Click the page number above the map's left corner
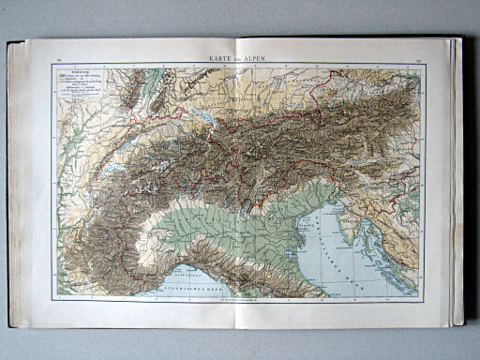point(58,60)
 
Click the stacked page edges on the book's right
point(456,178)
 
